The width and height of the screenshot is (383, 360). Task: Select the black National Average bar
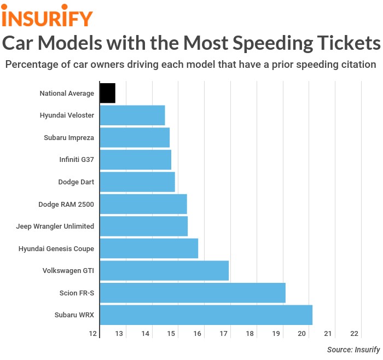coord(107,93)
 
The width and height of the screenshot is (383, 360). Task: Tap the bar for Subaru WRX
coord(206,315)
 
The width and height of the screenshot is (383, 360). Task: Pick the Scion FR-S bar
coord(193,293)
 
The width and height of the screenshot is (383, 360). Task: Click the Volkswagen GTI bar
coord(164,271)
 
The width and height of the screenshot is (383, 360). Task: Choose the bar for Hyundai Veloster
coord(132,115)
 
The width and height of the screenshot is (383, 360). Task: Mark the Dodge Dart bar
coord(137,182)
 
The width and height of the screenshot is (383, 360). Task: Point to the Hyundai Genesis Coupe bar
coord(149,248)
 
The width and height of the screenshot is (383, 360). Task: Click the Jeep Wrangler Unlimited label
coord(55,227)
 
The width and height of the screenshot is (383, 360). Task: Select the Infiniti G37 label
coord(77,160)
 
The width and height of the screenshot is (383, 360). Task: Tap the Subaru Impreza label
coord(69,137)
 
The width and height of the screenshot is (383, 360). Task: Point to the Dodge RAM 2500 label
coord(66,204)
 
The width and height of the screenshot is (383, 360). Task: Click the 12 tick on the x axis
coord(94,334)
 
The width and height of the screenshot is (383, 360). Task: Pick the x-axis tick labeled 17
coord(224,334)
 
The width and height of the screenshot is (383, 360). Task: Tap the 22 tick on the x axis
coord(354,334)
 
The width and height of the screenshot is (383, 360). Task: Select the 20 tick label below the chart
coord(302,334)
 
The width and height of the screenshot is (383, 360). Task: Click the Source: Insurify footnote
coord(353,350)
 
